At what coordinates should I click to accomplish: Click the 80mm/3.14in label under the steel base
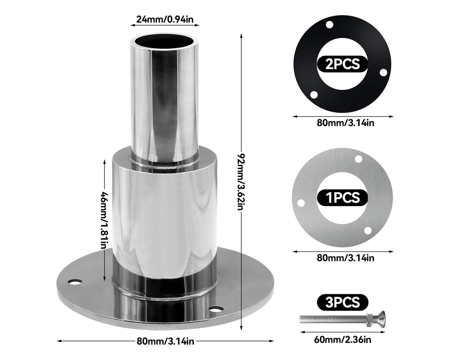coord(166,341)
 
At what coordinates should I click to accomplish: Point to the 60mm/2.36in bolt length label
coord(343,339)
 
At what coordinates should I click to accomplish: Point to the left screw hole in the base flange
coord(75,282)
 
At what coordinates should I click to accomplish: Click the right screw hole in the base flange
coord(216,309)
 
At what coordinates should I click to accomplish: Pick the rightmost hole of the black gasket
coord(383,72)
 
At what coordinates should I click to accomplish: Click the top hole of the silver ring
coord(359,159)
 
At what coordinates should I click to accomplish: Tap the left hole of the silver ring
coord(301,203)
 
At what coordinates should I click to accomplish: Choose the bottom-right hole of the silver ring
coord(368,230)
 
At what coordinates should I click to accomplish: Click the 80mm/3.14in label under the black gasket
coord(343,123)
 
